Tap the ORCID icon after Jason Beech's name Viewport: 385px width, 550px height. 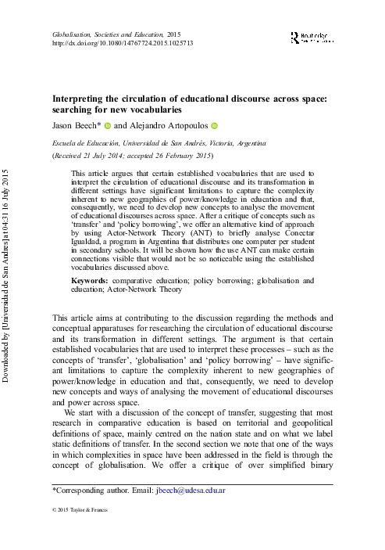click(x=109, y=125)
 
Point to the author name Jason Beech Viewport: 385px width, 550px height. click(x=77, y=125)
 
